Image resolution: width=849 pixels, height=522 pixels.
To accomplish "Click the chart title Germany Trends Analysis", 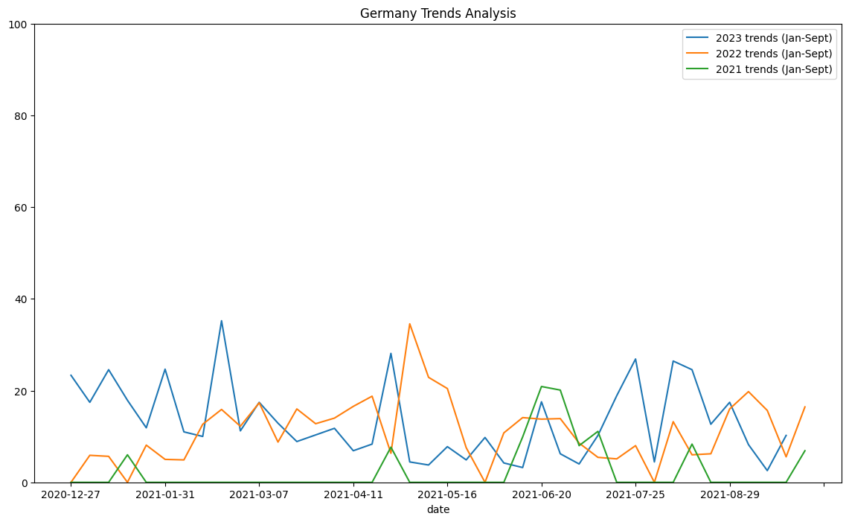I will [x=438, y=13].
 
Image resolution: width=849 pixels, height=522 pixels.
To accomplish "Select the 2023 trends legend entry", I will [x=773, y=38].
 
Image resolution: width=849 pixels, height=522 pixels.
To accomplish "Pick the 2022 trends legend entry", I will [x=773, y=54].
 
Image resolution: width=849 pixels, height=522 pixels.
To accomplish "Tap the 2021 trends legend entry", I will [x=773, y=71].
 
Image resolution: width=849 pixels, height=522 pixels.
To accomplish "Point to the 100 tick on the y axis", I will [x=19, y=25].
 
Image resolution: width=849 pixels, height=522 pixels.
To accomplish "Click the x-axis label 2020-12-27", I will [x=71, y=494].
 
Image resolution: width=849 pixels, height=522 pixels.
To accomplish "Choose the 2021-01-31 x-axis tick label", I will [x=165, y=494].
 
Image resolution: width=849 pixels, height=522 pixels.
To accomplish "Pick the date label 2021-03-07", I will [x=259, y=494].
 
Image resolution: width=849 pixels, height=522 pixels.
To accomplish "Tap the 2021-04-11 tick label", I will [x=353, y=494].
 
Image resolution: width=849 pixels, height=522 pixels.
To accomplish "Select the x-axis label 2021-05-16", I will [x=447, y=494].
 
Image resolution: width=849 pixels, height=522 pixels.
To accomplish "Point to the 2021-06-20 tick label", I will [x=542, y=494].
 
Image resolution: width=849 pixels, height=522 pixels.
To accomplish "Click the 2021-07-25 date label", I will [x=635, y=494].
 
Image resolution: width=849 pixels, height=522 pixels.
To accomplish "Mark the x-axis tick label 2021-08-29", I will [x=730, y=494].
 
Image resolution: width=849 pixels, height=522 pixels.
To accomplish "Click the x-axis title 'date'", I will [x=438, y=509].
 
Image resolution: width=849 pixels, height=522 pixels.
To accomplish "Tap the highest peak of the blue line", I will [x=221, y=321].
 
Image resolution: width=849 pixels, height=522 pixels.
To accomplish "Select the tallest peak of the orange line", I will [x=409, y=324].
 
